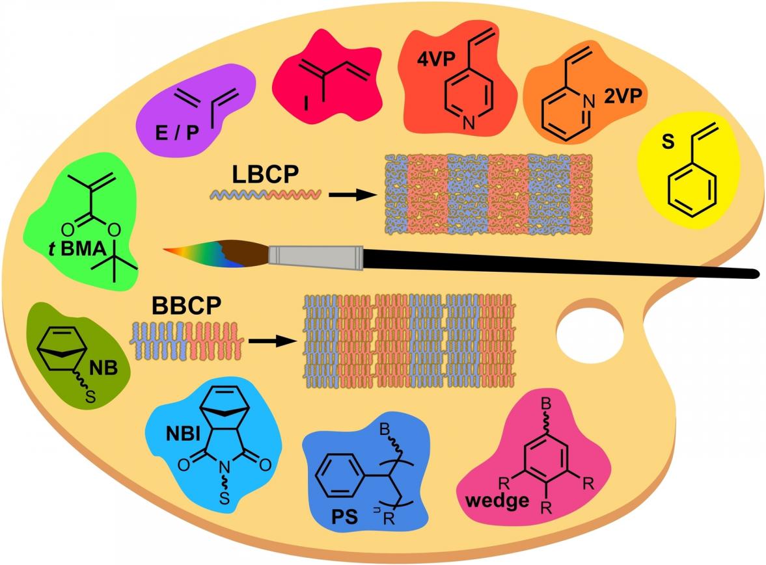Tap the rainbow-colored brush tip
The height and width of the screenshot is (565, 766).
pyautogui.click(x=195, y=252)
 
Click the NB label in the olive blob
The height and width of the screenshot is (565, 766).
pyautogui.click(x=103, y=370)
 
